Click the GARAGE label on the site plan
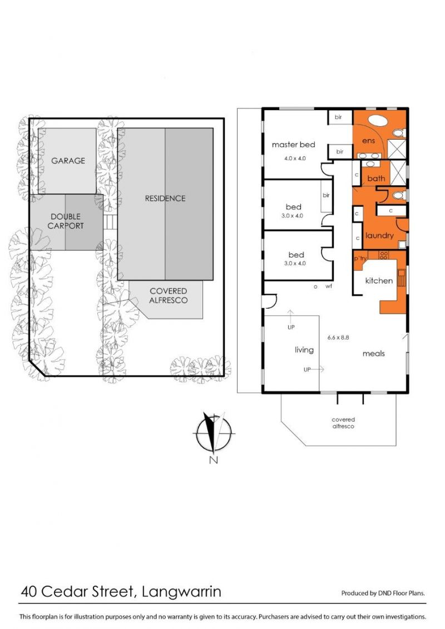pyautogui.click(x=68, y=161)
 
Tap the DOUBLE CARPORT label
pyautogui.click(x=66, y=221)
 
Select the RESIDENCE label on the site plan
pyautogui.click(x=165, y=198)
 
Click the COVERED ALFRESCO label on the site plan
pyautogui.click(x=168, y=296)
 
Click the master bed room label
pyautogui.click(x=293, y=145)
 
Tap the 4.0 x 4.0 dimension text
pyautogui.click(x=295, y=159)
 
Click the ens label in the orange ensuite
pyautogui.click(x=368, y=140)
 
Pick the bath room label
pyautogui.click(x=376, y=178)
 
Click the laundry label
pyautogui.click(x=379, y=235)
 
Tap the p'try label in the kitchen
pyautogui.click(x=360, y=259)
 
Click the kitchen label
pyautogui.click(x=379, y=281)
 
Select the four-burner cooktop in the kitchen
pyautogui.click(x=384, y=255)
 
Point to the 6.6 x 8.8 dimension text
pyautogui.click(x=338, y=338)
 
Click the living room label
pyautogui.click(x=304, y=350)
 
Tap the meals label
pyautogui.click(x=374, y=353)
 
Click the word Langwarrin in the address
pyautogui.click(x=181, y=592)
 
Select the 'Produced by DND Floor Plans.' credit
pyautogui.click(x=383, y=593)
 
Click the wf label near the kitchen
pyautogui.click(x=329, y=286)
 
